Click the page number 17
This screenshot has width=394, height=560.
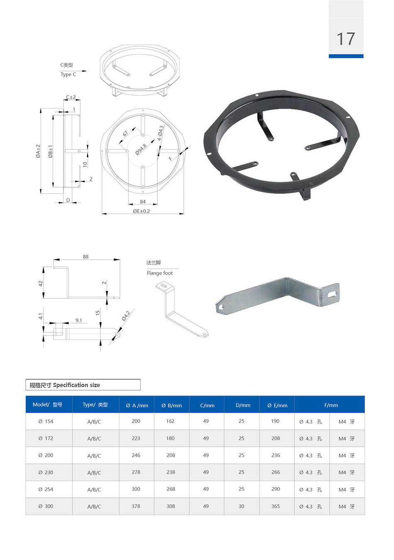click(x=346, y=39)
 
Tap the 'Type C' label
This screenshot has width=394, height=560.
click(x=68, y=75)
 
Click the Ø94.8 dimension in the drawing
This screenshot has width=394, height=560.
click(x=141, y=149)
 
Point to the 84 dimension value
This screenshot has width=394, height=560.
click(x=143, y=202)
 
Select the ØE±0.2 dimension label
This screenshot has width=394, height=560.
click(x=141, y=211)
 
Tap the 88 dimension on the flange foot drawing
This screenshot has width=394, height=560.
click(x=85, y=257)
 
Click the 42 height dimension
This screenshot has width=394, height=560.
click(x=41, y=283)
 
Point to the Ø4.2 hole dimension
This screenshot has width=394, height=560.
click(x=126, y=316)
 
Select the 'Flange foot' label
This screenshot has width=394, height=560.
click(x=160, y=273)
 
